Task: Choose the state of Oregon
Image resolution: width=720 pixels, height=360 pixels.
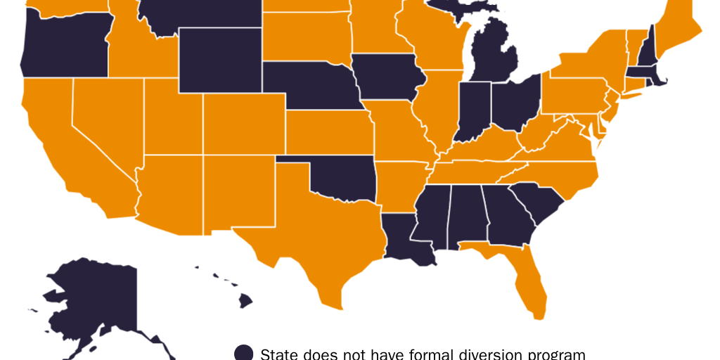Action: tap(63, 46)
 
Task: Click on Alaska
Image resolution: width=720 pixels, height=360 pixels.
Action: tap(98, 295)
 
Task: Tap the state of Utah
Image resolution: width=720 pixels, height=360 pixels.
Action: tap(172, 116)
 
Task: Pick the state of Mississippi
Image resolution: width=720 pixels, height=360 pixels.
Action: tap(430, 214)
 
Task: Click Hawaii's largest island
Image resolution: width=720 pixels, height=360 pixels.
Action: tap(245, 301)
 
